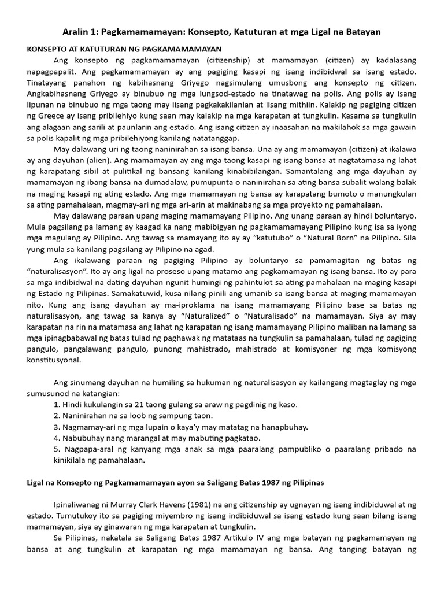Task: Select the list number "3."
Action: [x=57, y=427]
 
